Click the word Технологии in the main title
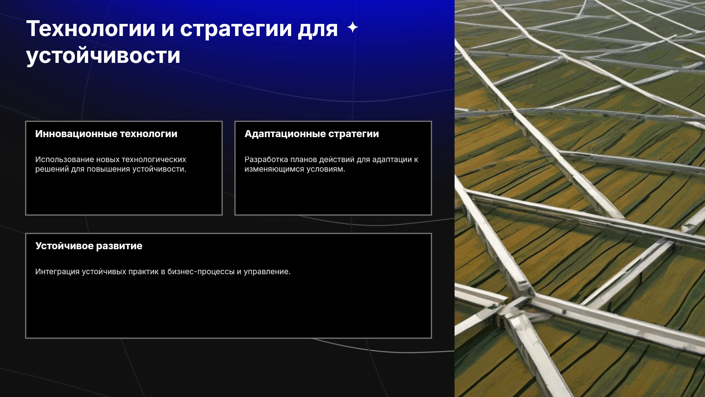91,29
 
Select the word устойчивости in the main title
103,56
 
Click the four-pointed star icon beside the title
352,27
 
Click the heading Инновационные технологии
106,134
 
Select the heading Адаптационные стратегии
312,134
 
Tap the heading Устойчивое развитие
89,246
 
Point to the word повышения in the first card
108,169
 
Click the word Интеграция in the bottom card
57,272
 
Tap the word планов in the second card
304,160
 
